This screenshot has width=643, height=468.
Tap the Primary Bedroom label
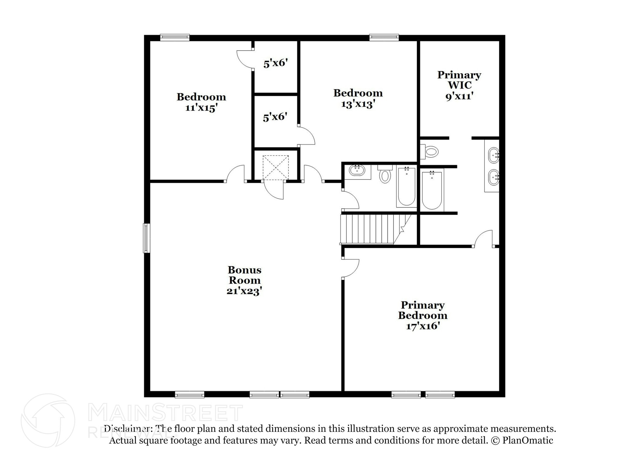423,310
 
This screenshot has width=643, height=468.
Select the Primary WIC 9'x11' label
459,85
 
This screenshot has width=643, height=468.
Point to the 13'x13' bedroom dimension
358,104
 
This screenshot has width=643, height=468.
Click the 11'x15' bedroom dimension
201,108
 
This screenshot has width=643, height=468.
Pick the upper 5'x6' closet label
276,63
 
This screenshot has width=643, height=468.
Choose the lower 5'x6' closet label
275,117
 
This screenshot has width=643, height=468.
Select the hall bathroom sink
357,171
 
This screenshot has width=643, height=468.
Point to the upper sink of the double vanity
494,155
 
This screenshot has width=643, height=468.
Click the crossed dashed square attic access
275,168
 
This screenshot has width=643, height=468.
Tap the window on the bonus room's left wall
146,238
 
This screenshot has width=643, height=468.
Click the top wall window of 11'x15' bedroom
175,37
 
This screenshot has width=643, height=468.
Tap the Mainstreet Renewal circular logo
48,420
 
